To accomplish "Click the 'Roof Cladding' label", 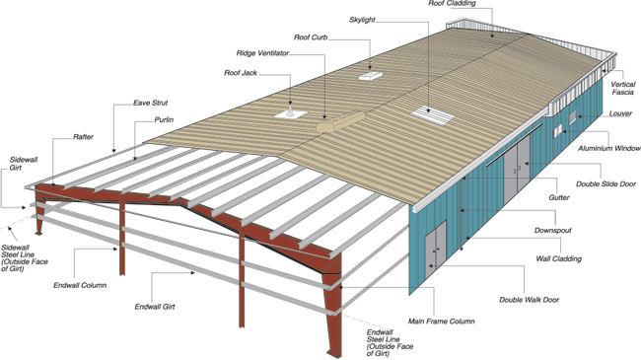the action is [452, 3].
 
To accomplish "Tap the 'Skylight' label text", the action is [362, 20].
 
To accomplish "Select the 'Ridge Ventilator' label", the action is [262, 53].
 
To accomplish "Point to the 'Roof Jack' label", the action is [241, 73].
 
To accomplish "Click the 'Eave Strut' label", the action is [150, 103].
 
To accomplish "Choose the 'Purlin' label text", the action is [164, 120].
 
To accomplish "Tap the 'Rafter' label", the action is [83, 137].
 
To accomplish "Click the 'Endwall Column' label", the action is [80, 285].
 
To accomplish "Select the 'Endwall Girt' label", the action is [155, 307].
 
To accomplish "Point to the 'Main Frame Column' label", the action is [441, 322].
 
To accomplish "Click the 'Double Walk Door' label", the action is [529, 300].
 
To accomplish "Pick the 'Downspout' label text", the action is [552, 231].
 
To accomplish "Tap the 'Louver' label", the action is [620, 113].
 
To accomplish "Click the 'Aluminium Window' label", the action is [608, 148].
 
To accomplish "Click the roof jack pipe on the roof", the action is [290, 111].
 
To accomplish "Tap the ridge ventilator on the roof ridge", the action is [340, 122].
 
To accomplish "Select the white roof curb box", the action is [371, 76].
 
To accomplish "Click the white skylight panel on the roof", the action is [433, 112].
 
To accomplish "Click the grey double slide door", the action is [517, 168].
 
